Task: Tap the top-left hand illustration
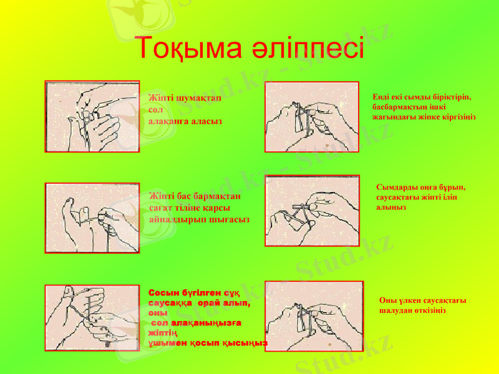pos(92,117)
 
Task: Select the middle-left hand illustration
pos(92,218)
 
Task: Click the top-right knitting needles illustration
pos(312,117)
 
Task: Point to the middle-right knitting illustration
pos(312,211)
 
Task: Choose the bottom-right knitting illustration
pos(314,316)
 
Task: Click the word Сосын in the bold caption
pos(162,293)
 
